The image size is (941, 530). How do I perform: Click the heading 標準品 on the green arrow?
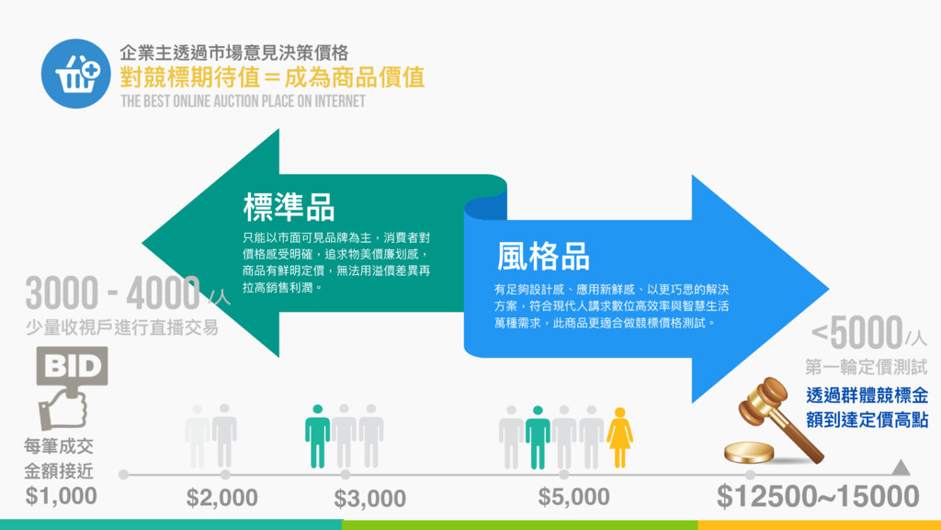[x=289, y=208]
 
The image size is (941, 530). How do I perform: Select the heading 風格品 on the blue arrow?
[x=543, y=256]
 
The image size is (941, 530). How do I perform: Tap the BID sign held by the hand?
[x=71, y=366]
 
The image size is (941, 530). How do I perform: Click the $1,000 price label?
[x=61, y=497]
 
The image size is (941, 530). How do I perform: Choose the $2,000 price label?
[x=221, y=498]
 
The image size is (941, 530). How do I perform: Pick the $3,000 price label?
[x=369, y=498]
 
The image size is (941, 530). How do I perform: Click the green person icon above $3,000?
[x=317, y=434]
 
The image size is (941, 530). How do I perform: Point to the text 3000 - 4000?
[x=112, y=294]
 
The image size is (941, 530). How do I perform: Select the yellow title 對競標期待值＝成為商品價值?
[x=272, y=76]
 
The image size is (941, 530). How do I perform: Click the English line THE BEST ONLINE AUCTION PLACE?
[x=243, y=100]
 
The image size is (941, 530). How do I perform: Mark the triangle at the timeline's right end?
[x=901, y=468]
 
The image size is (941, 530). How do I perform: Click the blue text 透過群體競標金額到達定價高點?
[x=866, y=408]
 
